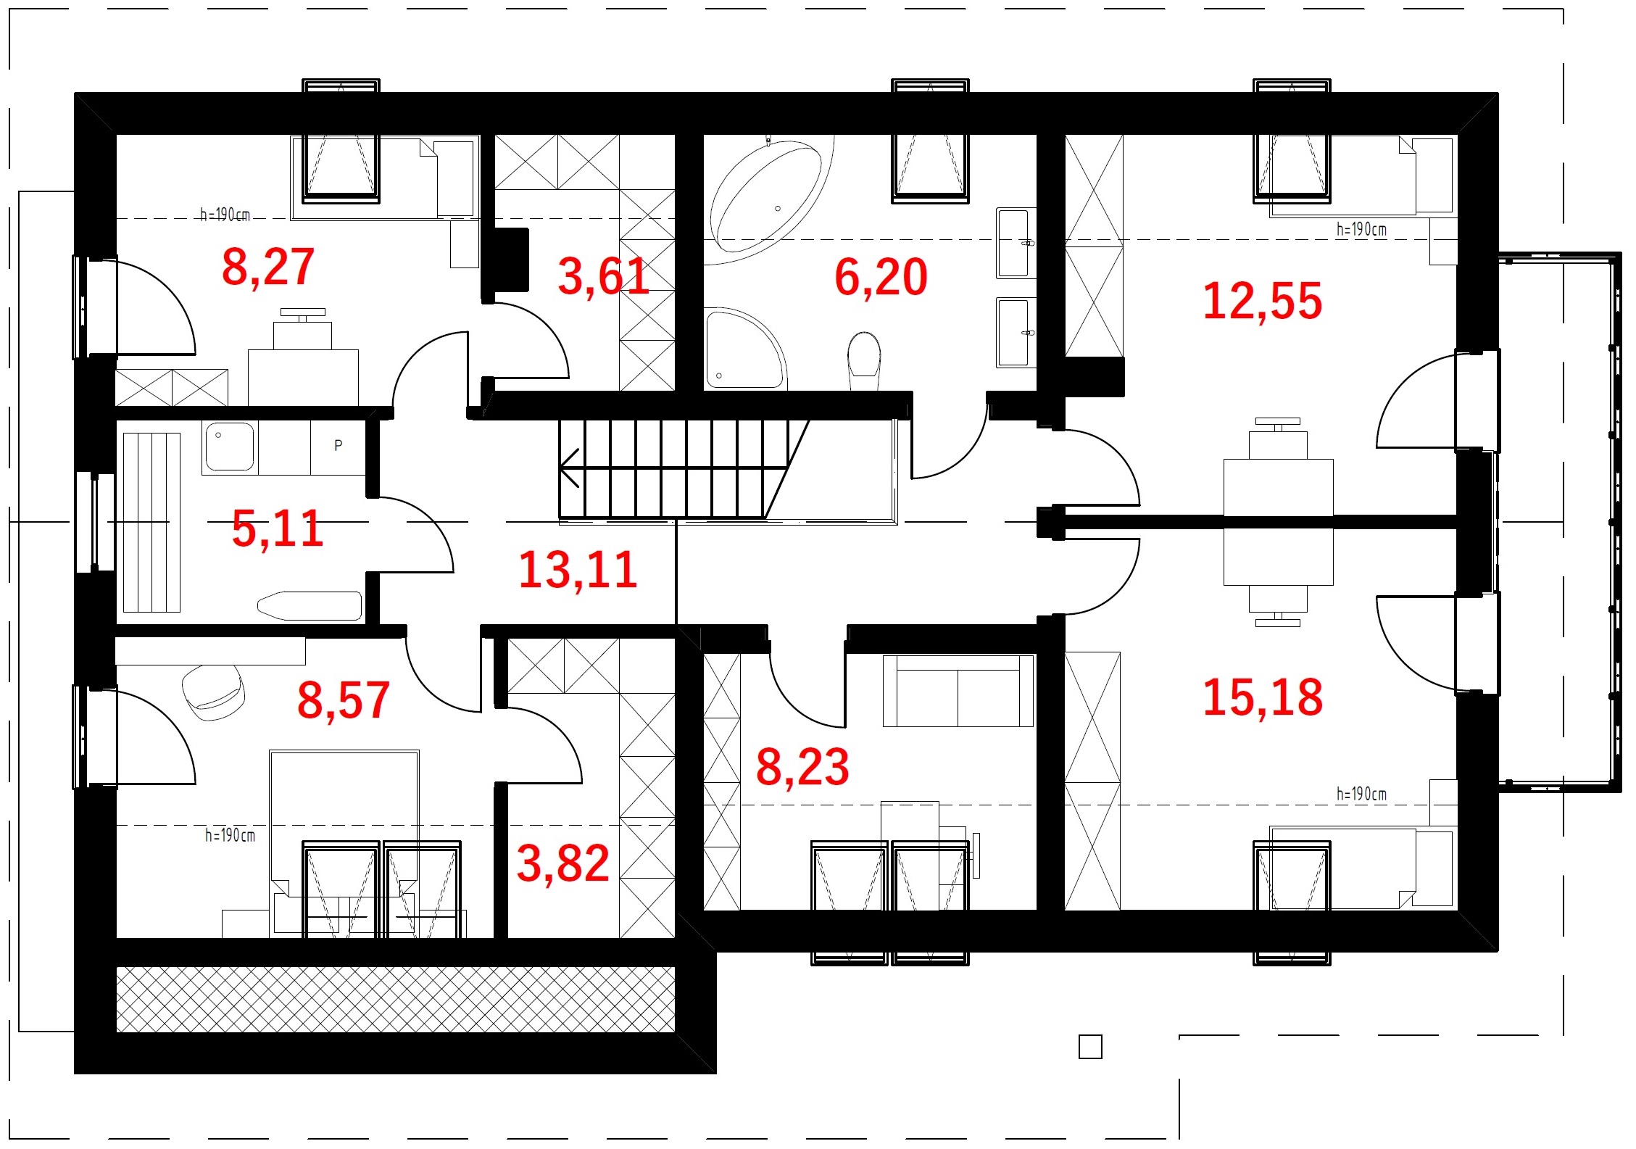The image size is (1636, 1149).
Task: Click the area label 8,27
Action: (x=268, y=267)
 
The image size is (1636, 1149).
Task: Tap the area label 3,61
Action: (x=603, y=276)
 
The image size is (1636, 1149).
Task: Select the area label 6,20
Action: (x=881, y=277)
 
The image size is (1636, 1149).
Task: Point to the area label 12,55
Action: (x=1262, y=301)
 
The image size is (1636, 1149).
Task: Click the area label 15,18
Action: (x=1263, y=697)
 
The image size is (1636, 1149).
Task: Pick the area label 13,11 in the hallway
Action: (x=578, y=570)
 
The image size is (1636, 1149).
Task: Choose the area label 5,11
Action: (x=277, y=528)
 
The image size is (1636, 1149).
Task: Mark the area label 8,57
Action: (x=344, y=700)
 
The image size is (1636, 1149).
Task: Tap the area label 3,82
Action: (x=562, y=863)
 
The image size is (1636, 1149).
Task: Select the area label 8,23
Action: (x=802, y=767)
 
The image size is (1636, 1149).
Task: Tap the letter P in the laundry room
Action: (x=339, y=445)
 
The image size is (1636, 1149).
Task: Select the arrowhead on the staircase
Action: (x=569, y=468)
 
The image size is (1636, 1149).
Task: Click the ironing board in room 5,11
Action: (x=310, y=606)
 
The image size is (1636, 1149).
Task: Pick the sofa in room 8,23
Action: (x=958, y=691)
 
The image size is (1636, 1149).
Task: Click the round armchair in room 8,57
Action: (x=213, y=692)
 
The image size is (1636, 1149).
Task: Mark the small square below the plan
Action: (x=1090, y=1047)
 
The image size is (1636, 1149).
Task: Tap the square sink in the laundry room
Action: (x=230, y=447)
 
